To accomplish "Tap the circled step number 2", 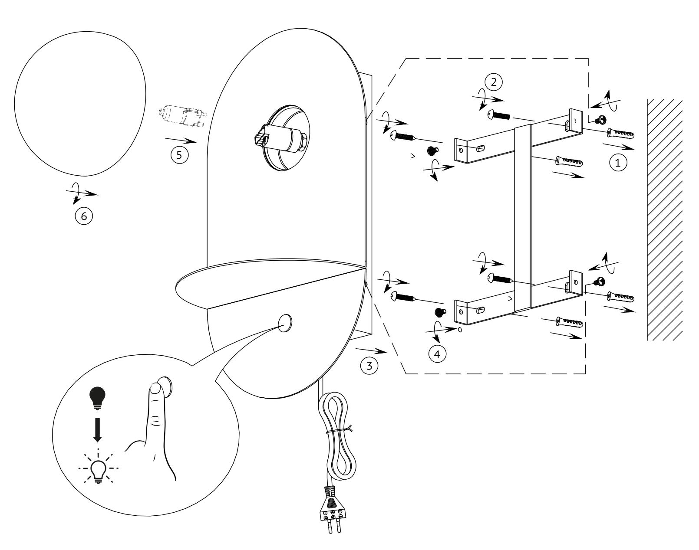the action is (493, 82).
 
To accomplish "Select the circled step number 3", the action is (369, 366).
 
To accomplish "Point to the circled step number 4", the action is (437, 354).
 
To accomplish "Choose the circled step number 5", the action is (179, 155).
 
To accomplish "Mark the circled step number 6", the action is (84, 216).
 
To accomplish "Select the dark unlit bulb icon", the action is (97, 398).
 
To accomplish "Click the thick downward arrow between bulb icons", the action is (97, 430).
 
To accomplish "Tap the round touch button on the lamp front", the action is (285, 323).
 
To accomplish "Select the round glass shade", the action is (80, 104).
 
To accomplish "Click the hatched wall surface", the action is (664, 219).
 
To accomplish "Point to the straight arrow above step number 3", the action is (372, 351).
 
